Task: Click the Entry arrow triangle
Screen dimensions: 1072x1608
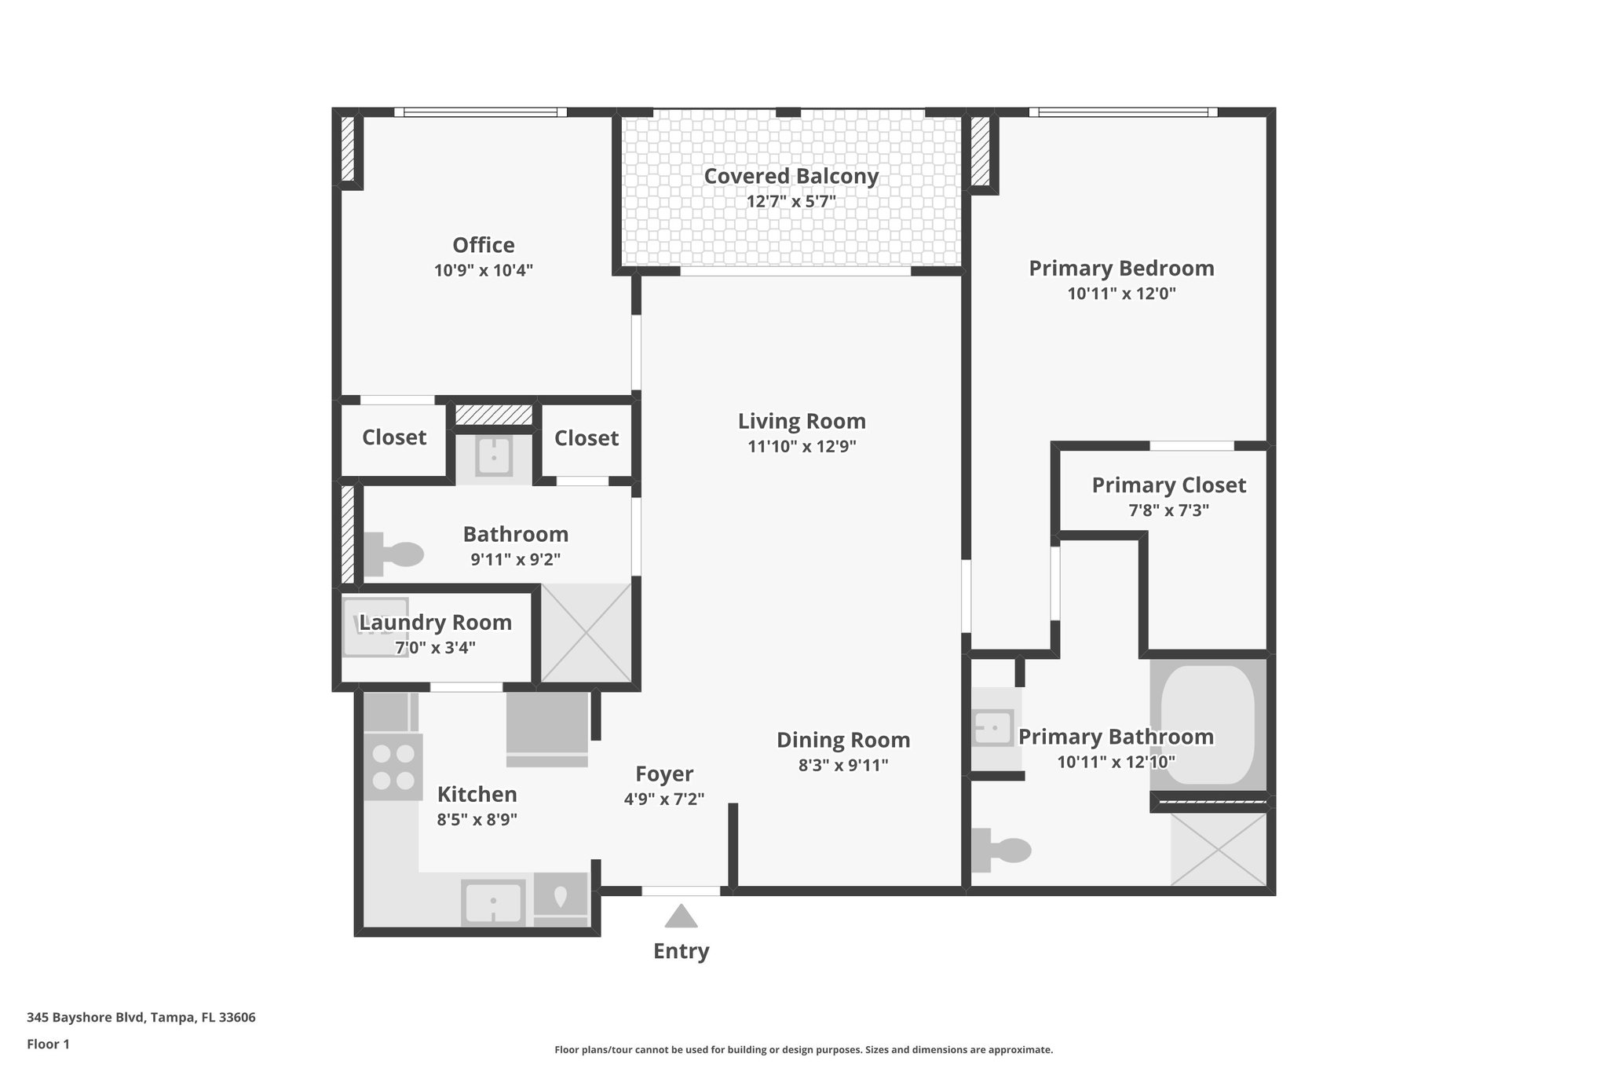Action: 681,917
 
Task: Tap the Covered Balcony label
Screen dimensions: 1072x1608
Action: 791,176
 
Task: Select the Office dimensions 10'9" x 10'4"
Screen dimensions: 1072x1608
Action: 484,271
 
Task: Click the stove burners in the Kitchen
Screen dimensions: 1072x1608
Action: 393,767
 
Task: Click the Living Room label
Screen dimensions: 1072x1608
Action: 802,422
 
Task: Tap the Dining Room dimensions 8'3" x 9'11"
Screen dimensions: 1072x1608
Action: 843,765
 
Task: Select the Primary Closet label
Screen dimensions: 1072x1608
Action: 1168,485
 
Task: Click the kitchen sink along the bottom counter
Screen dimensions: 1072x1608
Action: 493,903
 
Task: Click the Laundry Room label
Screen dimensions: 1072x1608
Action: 436,623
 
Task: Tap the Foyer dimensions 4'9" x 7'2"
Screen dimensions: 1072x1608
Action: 664,799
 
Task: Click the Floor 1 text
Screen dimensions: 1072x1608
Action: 48,1045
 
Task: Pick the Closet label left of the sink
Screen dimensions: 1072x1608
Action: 394,437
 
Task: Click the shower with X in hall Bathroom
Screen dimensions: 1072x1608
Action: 587,633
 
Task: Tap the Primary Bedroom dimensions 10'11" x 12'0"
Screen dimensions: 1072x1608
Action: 1121,295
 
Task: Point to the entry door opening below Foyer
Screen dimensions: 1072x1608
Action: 681,891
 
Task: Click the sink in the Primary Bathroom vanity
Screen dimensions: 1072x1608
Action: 993,728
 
